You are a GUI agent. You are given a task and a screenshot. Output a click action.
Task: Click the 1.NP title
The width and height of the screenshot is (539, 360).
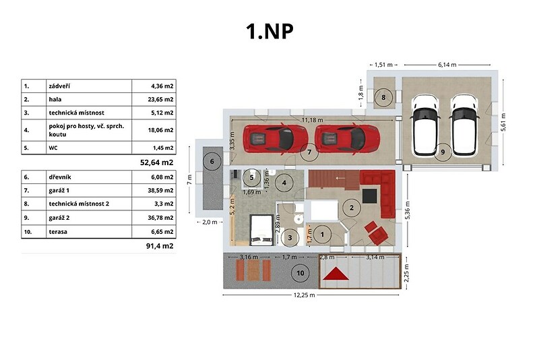point(270,31)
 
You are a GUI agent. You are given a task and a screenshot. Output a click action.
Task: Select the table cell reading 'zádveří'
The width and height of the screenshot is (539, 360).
point(59,86)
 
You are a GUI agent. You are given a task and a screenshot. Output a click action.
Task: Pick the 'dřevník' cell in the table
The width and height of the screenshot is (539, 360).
point(60,177)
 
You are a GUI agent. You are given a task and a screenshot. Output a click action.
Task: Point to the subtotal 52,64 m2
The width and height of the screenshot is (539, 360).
point(157,162)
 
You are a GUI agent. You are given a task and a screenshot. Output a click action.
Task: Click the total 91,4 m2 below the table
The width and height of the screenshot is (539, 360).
point(160,246)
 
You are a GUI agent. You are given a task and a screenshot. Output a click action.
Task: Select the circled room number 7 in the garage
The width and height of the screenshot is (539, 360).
point(309,152)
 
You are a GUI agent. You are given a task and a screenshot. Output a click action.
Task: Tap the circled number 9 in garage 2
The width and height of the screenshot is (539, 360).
point(443,152)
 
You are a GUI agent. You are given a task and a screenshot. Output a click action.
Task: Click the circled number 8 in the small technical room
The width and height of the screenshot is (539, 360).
point(383,97)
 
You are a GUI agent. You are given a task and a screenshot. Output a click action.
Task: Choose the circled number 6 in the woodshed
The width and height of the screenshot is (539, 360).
point(212,161)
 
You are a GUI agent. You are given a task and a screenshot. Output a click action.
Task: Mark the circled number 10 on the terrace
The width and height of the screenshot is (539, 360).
point(300,273)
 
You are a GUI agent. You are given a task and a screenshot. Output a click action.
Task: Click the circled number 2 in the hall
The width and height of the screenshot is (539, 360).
point(351,208)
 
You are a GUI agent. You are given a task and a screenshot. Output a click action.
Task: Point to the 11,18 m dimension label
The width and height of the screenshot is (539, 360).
point(313,120)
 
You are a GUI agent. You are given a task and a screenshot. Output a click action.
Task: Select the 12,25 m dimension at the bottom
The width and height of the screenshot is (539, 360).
point(305,295)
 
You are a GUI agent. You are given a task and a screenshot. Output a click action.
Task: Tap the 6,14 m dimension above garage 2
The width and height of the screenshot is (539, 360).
point(447,65)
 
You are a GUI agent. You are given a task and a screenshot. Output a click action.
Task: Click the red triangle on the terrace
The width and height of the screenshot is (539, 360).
point(336,274)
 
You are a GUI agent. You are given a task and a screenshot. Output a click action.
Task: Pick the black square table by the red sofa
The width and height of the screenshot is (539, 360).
point(369,196)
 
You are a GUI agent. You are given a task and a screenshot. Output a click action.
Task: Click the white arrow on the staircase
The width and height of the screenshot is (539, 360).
point(340,178)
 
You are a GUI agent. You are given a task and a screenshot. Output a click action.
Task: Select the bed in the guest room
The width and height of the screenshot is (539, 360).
point(261,230)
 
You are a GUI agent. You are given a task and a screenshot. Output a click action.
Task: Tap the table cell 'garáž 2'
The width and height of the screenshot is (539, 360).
point(59,218)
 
